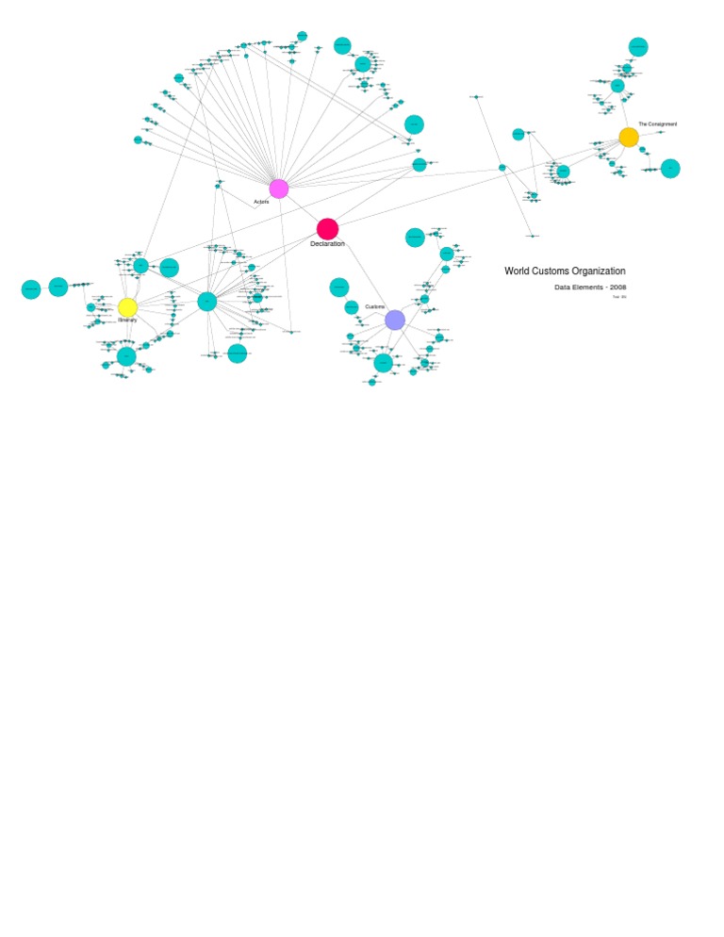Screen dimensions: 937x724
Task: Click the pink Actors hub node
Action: tap(279, 189)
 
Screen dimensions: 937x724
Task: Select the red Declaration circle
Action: tap(327, 229)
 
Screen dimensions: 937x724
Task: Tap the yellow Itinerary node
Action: tap(127, 307)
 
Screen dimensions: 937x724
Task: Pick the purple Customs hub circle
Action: tap(395, 320)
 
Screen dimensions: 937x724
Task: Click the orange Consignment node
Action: tap(629, 138)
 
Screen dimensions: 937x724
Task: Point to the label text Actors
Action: tap(261, 202)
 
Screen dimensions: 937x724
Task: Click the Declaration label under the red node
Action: tap(327, 244)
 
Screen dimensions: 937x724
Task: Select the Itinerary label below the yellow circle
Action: tap(127, 321)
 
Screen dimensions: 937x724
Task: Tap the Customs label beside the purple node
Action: tap(375, 307)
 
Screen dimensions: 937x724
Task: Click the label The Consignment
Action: tap(657, 124)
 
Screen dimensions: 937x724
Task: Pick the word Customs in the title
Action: tap(551, 271)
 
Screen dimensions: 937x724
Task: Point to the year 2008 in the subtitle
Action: tap(617, 287)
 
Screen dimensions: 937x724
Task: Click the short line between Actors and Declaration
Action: tap(303, 208)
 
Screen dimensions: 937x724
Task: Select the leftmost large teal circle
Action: tap(31, 289)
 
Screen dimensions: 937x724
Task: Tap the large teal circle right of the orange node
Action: tap(670, 169)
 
